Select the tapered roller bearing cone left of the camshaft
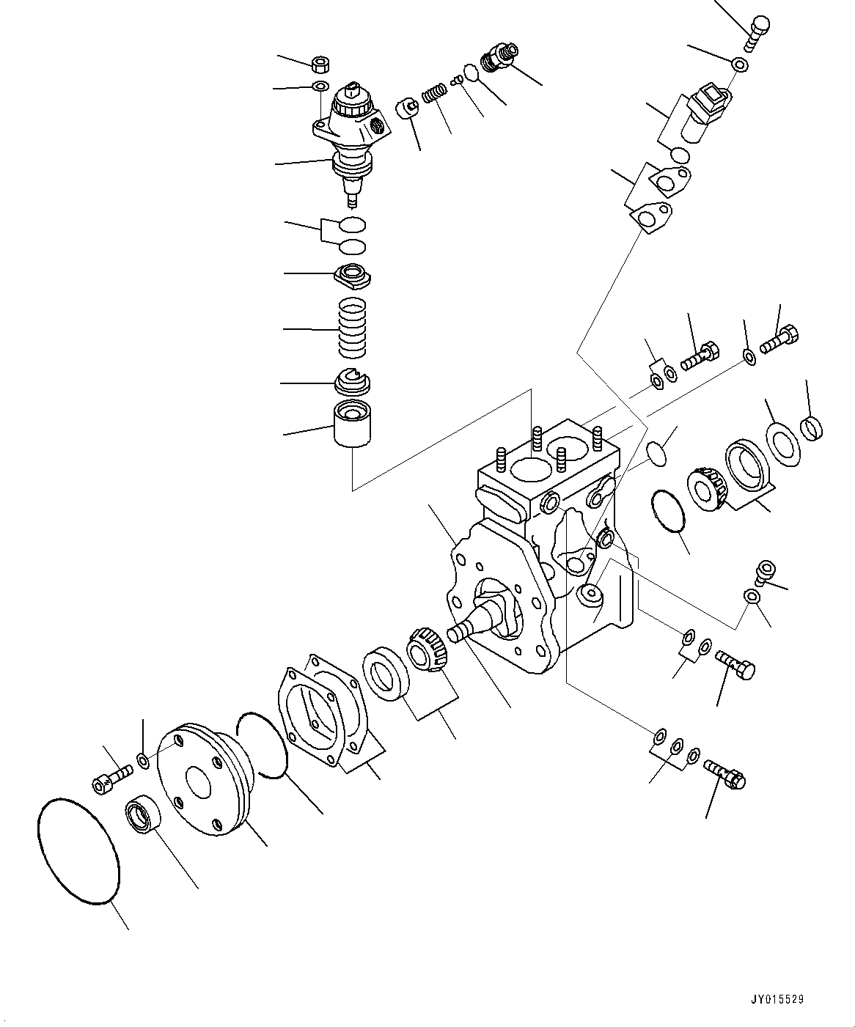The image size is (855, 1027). pos(425,649)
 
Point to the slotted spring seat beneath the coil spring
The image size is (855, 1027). pos(353,382)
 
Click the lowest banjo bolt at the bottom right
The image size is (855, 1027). pos(724,774)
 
